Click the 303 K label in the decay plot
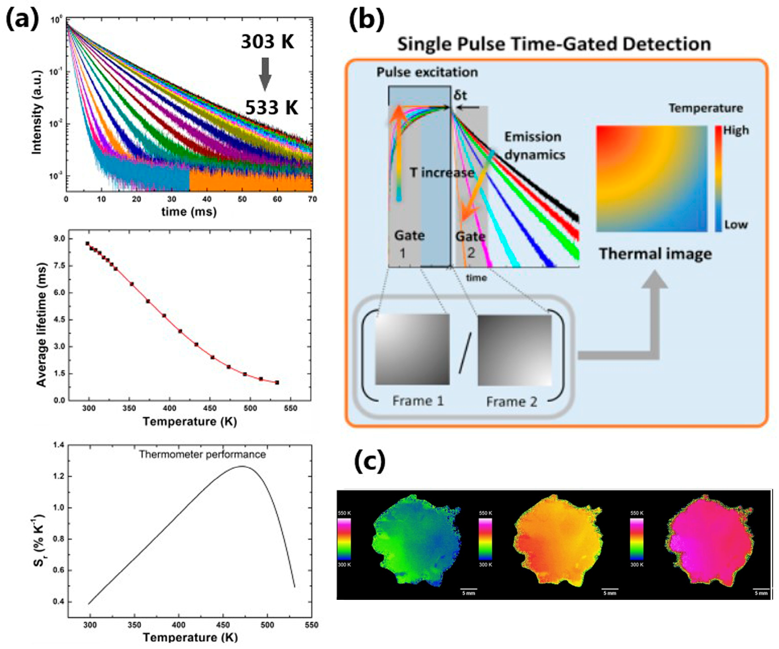(x=267, y=42)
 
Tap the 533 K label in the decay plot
(x=272, y=108)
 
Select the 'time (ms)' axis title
(x=189, y=212)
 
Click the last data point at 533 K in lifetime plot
(x=277, y=383)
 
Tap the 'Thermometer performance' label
(x=202, y=454)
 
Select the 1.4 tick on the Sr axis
(x=59, y=445)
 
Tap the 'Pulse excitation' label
(x=427, y=72)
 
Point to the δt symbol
(x=460, y=96)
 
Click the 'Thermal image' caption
(x=655, y=254)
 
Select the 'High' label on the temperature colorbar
(x=736, y=131)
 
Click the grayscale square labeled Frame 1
(x=412, y=349)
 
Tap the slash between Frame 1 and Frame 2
(x=465, y=352)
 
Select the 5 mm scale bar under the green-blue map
(x=468, y=589)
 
